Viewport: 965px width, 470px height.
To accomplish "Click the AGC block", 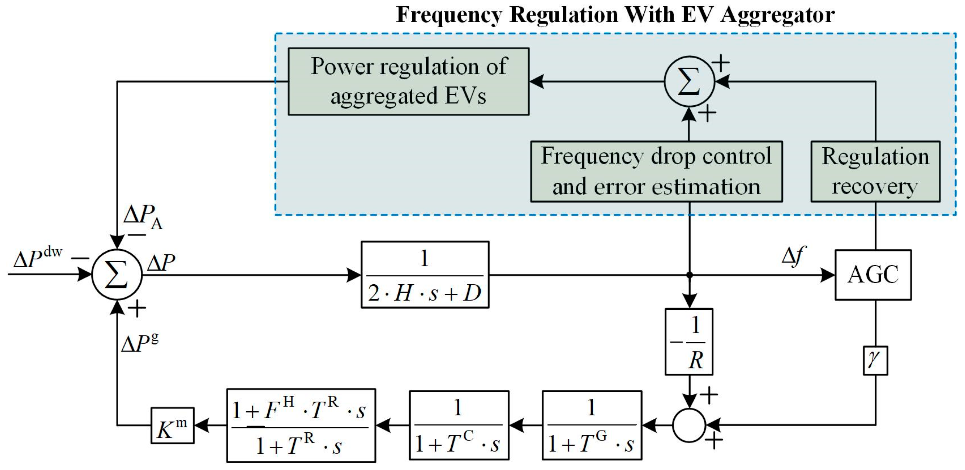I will [873, 275].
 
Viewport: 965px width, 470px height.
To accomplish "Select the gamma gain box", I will [875, 360].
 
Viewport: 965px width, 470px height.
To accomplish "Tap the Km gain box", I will [172, 425].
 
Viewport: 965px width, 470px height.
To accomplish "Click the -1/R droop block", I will [688, 341].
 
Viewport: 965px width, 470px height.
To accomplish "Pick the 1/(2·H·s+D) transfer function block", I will [425, 275].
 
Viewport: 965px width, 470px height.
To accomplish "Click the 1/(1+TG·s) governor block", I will [592, 425].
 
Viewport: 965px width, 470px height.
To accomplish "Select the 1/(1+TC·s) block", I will [459, 425].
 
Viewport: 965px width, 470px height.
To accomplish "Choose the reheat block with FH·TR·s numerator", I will [301, 425].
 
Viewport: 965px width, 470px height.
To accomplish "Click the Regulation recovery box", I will [875, 171].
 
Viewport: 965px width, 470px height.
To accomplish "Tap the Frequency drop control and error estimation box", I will [656, 171].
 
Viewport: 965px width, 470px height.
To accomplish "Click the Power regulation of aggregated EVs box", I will [408, 81].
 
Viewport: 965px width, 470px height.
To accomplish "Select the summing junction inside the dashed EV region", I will [689, 82].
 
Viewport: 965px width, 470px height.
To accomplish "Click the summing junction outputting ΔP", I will [117, 275].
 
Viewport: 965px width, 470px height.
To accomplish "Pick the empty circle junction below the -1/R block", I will [689, 425].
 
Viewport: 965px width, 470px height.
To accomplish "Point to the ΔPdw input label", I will [37, 258].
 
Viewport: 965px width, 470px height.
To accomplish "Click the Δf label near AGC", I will [793, 257].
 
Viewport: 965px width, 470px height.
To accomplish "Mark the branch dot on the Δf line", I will [689, 275].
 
